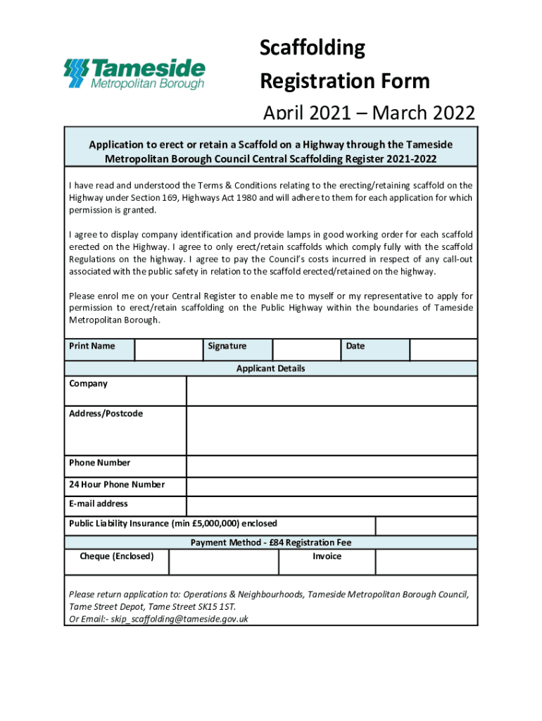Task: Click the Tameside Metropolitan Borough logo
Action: tap(134, 74)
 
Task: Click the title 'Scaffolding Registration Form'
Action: tap(344, 65)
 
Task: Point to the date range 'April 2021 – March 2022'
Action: tap(368, 113)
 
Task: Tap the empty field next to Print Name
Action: tap(168, 349)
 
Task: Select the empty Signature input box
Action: tap(306, 349)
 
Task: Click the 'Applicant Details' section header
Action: tap(271, 368)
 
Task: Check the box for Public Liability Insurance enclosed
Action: tap(426, 525)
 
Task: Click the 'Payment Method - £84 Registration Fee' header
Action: tap(271, 542)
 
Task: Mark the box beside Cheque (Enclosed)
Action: tap(224, 562)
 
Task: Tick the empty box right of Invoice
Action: tap(426, 562)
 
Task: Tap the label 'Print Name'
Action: tap(92, 346)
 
